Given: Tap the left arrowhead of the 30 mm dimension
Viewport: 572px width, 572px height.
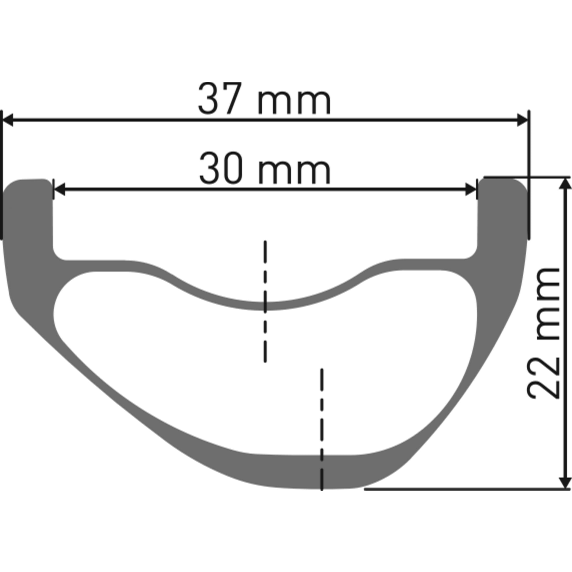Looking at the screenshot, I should click(x=59, y=189).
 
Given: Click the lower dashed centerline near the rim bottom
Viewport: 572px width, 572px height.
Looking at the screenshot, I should click(x=322, y=429).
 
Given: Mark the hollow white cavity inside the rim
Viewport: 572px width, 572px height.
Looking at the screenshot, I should click(x=267, y=370).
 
